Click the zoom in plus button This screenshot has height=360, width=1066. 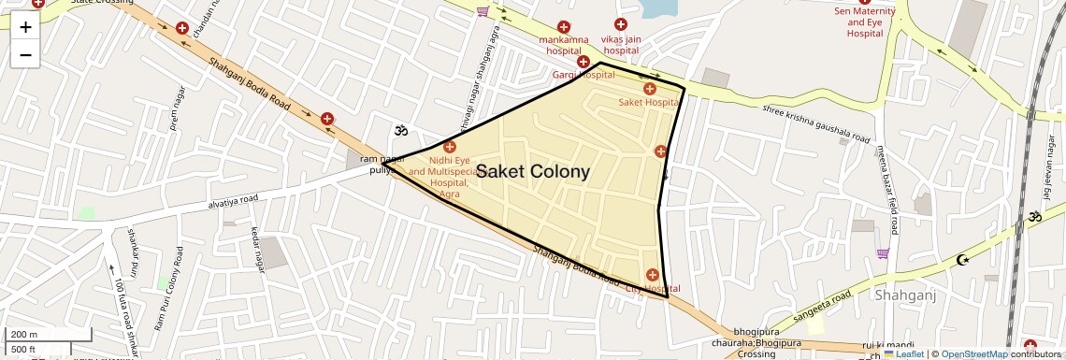(25, 27)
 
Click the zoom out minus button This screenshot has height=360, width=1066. (25, 55)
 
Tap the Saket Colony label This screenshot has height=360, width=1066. (533, 172)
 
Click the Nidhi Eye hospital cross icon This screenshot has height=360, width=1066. (450, 147)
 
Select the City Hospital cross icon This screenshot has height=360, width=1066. (652, 275)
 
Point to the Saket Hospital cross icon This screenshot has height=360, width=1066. (650, 88)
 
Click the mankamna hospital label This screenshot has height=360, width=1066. (566, 45)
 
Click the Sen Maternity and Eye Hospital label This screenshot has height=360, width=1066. (865, 22)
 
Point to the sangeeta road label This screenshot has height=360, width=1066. (823, 310)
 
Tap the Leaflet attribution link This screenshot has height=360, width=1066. (904, 353)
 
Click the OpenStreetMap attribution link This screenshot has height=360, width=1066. (973, 353)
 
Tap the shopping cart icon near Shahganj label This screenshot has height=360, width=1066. (883, 253)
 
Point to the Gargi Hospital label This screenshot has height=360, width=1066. (583, 74)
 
